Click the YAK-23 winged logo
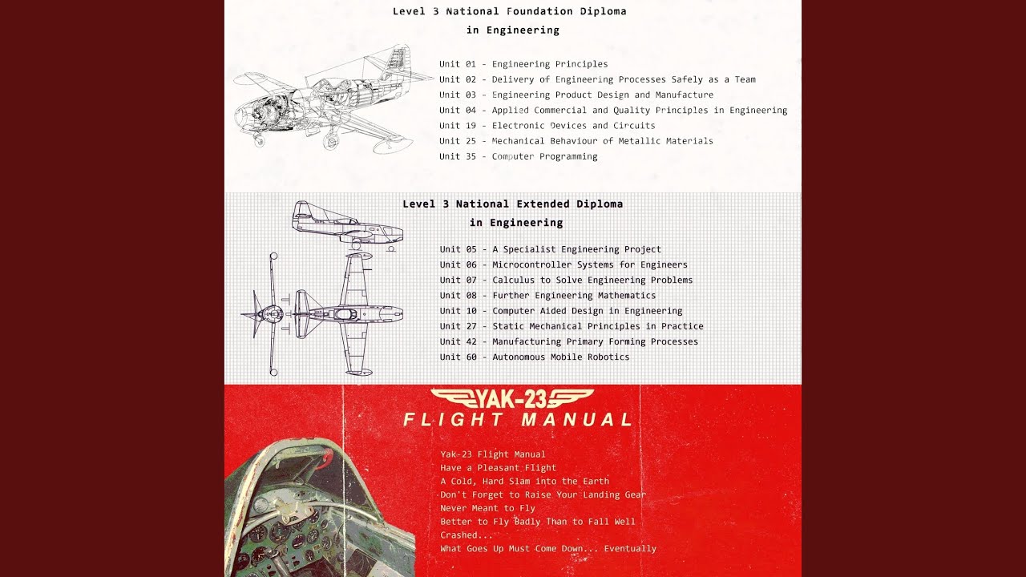[512, 399]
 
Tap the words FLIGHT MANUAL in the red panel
[518, 420]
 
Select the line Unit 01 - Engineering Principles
[523, 64]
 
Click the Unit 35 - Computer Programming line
[518, 156]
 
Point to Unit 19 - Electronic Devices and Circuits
[547, 126]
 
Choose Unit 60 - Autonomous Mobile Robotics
[535, 357]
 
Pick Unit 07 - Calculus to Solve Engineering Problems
[566, 280]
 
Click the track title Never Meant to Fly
[487, 508]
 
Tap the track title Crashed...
[467, 535]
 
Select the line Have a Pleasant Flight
[498, 468]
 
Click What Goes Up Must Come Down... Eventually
[548, 549]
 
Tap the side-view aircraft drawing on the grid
[347, 226]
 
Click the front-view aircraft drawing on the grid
[265, 314]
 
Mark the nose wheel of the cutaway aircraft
[259, 140]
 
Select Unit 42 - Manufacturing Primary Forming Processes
[569, 341]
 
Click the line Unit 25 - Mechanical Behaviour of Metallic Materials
[576, 141]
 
